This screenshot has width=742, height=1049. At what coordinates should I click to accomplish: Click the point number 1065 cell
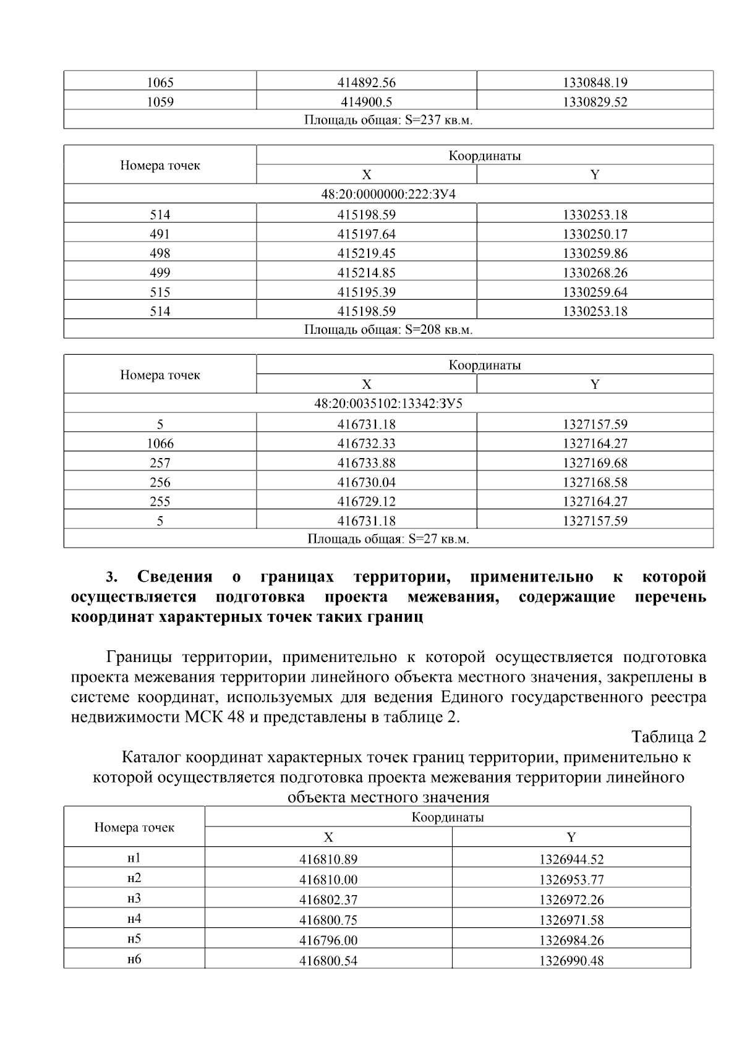click(160, 83)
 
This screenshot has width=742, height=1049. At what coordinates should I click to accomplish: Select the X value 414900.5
click(366, 102)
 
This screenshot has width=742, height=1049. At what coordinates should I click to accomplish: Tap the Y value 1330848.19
click(595, 83)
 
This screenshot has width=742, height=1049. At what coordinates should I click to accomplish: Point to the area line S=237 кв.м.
click(388, 120)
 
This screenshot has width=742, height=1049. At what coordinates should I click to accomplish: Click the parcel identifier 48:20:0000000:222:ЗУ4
click(388, 194)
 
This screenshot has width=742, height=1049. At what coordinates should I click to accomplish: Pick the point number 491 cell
click(160, 234)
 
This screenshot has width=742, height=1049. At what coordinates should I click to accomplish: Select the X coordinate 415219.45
click(366, 253)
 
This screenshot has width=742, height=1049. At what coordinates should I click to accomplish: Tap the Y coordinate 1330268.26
click(595, 273)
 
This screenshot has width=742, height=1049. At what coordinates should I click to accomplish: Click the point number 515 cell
click(160, 292)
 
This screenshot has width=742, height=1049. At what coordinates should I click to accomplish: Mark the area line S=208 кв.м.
click(388, 329)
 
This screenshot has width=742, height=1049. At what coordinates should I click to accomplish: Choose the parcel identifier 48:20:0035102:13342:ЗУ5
click(388, 404)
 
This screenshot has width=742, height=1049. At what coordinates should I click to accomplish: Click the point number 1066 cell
click(160, 444)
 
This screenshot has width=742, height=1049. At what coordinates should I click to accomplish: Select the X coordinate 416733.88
click(366, 463)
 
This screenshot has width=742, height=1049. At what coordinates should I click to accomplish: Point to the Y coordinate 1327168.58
click(595, 482)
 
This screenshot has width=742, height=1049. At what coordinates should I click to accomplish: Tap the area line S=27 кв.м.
click(388, 539)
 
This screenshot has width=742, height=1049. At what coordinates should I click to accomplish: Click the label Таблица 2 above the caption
click(668, 737)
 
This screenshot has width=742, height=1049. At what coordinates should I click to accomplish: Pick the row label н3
click(134, 899)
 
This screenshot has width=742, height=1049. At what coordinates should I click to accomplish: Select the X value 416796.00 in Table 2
click(328, 941)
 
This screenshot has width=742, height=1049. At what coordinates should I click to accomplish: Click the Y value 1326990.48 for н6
click(571, 961)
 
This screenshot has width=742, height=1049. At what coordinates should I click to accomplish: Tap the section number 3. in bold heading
click(111, 577)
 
